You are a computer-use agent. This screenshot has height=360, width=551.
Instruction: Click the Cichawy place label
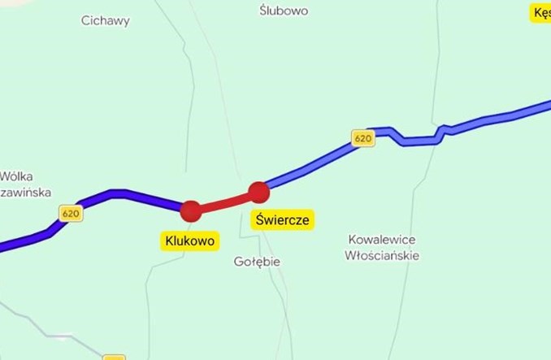(x=106, y=21)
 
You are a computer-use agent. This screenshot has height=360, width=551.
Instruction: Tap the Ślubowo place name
(x=284, y=11)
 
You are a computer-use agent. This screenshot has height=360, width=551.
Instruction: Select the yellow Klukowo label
(x=189, y=241)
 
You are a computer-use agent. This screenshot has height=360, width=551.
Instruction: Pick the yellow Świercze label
(x=282, y=219)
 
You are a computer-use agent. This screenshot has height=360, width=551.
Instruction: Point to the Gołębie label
(x=257, y=262)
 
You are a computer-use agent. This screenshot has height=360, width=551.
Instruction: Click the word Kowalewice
(x=382, y=240)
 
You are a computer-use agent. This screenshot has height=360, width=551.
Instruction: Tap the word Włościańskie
(x=382, y=255)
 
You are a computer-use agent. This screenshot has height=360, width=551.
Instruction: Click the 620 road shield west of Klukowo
(x=71, y=213)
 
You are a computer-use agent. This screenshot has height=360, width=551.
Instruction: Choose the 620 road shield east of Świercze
(x=363, y=139)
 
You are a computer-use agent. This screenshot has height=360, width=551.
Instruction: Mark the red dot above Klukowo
(x=190, y=211)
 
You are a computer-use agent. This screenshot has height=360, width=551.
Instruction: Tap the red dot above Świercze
(x=258, y=193)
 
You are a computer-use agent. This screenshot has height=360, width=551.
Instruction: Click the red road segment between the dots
(x=224, y=202)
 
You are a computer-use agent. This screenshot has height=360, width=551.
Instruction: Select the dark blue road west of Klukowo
(x=122, y=194)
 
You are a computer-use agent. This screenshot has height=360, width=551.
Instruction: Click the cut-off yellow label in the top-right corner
(x=541, y=13)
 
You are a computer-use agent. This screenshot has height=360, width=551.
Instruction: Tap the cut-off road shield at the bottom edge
(x=115, y=356)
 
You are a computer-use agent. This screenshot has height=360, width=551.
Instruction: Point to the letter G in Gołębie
(x=238, y=262)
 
